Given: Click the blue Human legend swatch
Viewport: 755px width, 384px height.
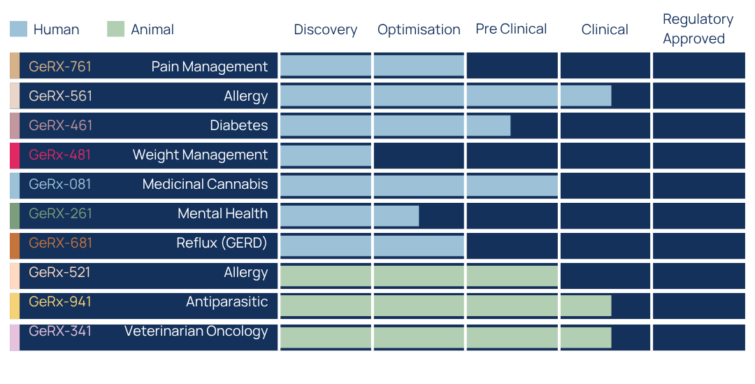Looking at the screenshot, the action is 18,29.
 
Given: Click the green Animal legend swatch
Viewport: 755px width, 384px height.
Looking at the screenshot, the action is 115,29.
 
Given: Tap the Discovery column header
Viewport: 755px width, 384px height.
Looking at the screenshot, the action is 326,29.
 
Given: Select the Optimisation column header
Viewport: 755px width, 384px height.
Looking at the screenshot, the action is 419,29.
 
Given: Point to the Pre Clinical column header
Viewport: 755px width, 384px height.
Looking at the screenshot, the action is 511,29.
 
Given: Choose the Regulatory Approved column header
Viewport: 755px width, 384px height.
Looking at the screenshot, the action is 698,29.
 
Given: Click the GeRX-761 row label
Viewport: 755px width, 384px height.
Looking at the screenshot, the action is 60,66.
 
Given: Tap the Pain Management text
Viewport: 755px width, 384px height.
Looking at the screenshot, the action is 210,66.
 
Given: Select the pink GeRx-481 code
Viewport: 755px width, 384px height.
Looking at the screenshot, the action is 59,155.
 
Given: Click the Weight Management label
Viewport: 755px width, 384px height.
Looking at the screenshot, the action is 201,155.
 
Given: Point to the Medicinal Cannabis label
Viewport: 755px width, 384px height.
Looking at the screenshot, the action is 205,184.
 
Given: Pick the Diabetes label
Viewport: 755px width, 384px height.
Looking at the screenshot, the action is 239,125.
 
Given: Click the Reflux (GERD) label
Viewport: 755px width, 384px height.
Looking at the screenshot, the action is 222,243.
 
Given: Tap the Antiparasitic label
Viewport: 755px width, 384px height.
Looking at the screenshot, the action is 226,301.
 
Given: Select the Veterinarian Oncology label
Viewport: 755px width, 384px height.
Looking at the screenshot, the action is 196,332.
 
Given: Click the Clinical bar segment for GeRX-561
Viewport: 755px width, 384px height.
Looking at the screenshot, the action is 586,95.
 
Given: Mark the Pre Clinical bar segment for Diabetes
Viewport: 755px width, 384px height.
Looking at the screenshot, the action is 489,125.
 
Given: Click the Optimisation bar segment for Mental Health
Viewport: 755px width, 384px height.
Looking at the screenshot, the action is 396,216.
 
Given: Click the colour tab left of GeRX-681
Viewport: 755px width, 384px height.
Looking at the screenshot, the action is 15,246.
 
